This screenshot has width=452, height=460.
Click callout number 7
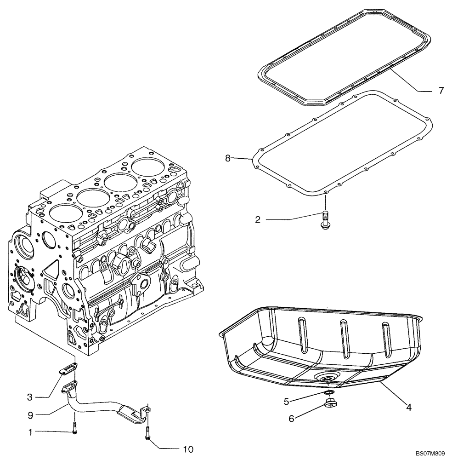[441, 91]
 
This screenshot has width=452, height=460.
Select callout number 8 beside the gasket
[228, 158]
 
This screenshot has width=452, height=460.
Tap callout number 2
[258, 220]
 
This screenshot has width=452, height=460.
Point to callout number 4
[408, 407]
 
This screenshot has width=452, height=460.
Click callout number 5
[286, 401]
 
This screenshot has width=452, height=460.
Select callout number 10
[188, 448]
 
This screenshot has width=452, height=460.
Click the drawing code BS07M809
[430, 453]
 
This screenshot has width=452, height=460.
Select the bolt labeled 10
[147, 432]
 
